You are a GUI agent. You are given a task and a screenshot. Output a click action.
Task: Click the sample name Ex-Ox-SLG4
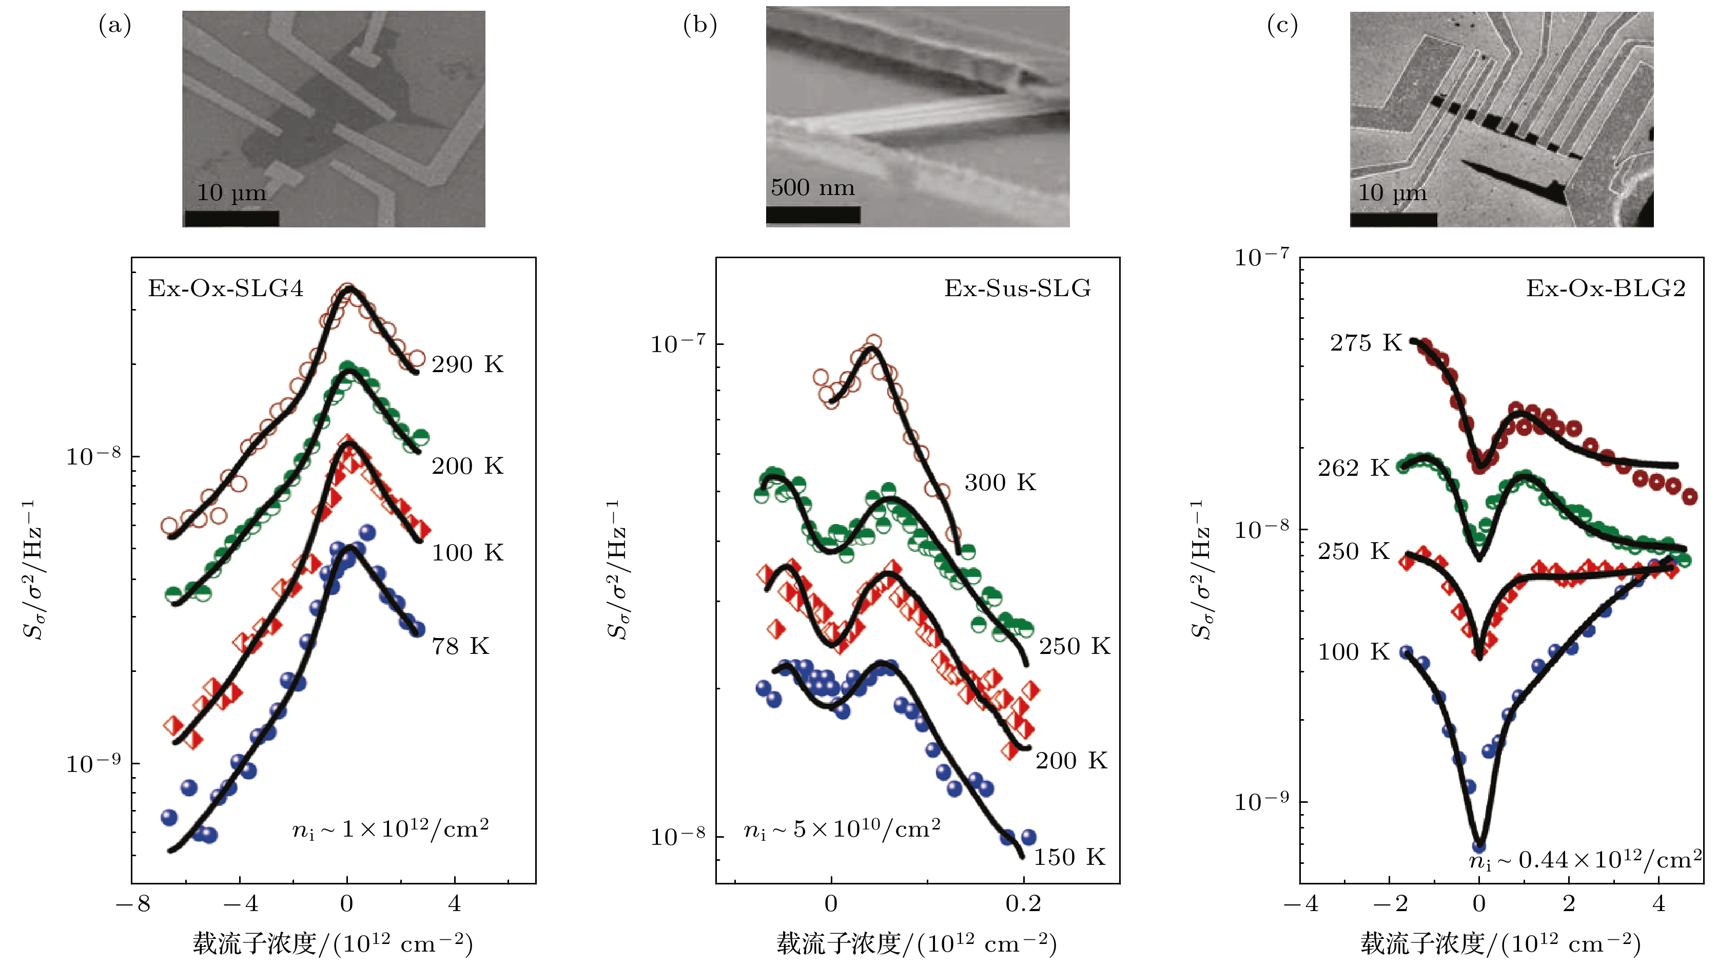[x=225, y=289]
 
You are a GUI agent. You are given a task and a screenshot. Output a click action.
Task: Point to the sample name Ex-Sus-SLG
[x=1017, y=289]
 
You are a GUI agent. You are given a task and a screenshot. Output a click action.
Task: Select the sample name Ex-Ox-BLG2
[x=1606, y=289]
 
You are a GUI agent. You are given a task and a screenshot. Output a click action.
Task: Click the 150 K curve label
[x=1069, y=857]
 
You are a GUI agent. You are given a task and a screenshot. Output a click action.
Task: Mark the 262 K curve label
[x=1354, y=468]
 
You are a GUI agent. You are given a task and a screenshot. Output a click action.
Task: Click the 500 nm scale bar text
[x=812, y=188]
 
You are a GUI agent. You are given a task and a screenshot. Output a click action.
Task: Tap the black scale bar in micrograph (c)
[x=1393, y=219]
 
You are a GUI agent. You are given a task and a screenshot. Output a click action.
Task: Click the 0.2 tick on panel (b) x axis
[x=1023, y=904]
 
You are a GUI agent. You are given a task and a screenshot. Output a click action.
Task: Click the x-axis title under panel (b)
[x=916, y=943]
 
